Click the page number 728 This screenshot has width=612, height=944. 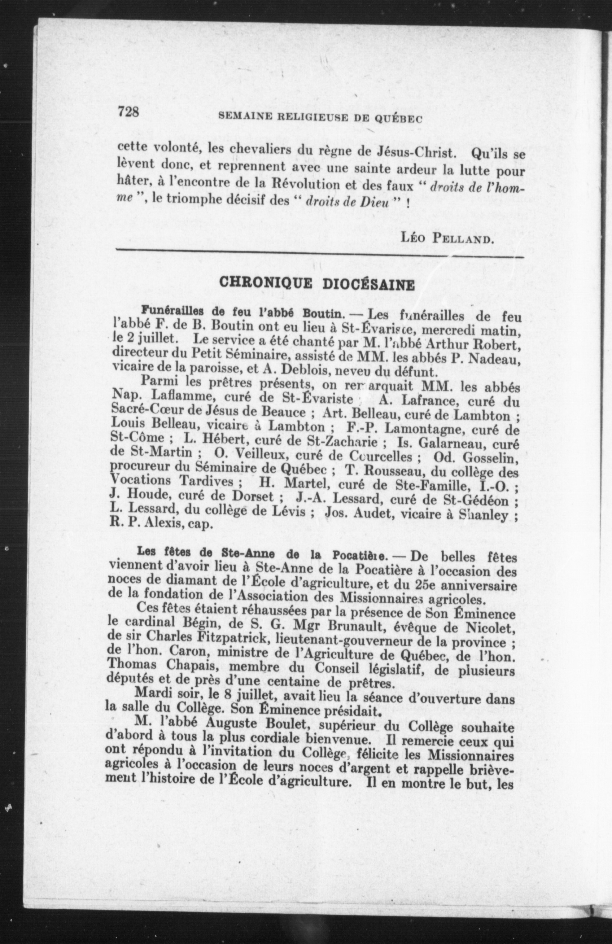(x=128, y=112)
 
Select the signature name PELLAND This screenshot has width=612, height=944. (x=465, y=239)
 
